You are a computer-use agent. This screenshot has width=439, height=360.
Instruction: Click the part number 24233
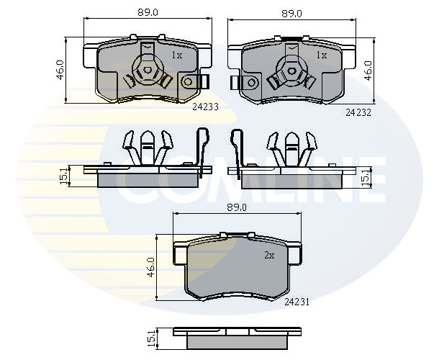point(205,107)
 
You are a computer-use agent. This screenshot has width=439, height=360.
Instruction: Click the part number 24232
point(358,112)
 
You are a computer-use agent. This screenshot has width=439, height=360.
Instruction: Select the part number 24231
point(297,302)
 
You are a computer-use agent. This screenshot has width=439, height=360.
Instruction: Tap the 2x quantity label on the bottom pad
point(269,255)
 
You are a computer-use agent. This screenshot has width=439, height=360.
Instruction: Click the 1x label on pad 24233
point(177,55)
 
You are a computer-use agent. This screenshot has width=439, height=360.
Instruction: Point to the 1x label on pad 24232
point(322,55)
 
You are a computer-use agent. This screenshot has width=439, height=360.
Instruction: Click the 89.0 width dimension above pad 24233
point(148,13)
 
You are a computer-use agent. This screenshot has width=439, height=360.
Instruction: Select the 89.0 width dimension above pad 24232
point(291,13)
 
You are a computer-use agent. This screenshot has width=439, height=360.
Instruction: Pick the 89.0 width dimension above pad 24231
point(237,207)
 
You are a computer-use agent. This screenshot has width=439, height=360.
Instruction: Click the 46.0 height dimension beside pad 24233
point(60,70)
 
